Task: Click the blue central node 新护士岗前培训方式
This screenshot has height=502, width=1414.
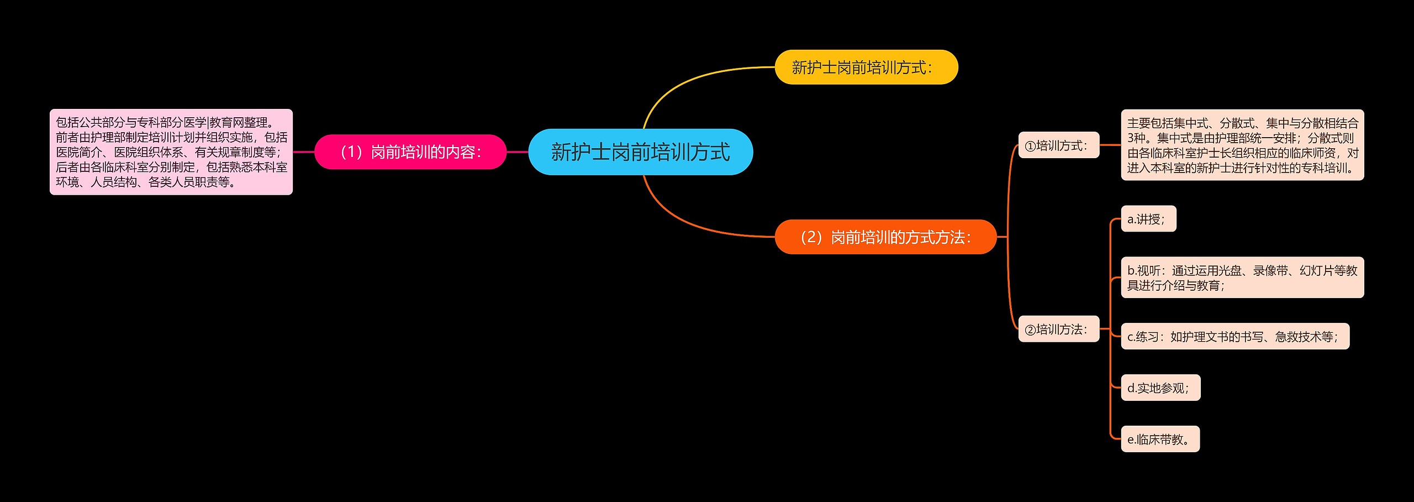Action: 640,152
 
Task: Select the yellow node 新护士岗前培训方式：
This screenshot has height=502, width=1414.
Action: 866,67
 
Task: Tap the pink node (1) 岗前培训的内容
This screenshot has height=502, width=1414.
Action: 410,152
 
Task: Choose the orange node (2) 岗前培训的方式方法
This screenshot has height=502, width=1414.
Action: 885,237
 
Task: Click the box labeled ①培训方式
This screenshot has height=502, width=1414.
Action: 1058,145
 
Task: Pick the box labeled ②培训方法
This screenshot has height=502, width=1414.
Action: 1058,330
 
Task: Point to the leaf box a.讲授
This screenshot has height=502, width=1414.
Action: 1148,219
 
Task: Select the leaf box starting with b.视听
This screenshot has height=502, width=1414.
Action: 1242,278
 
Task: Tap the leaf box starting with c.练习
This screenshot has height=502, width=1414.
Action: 1234,336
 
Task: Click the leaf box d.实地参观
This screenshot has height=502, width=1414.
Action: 1160,388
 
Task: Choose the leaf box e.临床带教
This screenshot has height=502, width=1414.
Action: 1160,439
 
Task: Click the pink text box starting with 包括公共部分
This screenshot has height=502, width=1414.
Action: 171,152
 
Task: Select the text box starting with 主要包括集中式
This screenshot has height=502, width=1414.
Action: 1242,145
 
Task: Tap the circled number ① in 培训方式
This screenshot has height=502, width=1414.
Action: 1030,147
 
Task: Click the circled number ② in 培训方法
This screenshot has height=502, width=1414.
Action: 1030,331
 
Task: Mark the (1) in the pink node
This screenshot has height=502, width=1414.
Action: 351,152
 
